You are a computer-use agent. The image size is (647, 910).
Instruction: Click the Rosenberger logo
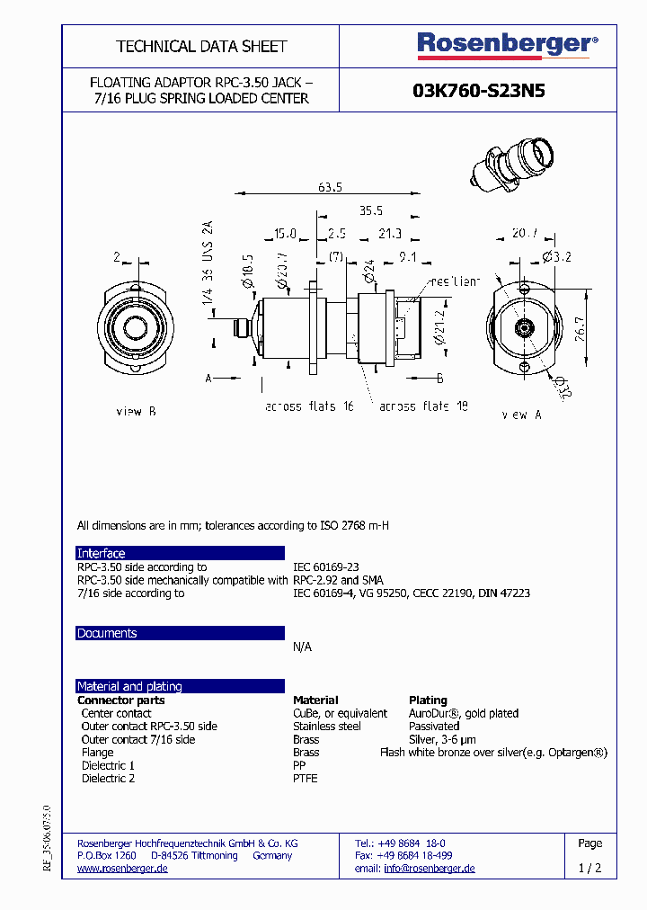(x=507, y=45)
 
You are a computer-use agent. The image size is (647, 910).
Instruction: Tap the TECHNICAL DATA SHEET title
(x=201, y=46)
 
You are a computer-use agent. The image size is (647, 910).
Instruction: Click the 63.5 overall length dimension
(x=331, y=188)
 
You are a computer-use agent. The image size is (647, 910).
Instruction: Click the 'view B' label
(x=137, y=411)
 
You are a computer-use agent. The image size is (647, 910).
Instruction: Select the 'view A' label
(x=521, y=415)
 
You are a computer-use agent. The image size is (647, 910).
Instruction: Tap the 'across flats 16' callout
(x=309, y=406)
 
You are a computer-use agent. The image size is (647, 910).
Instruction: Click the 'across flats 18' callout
(x=423, y=406)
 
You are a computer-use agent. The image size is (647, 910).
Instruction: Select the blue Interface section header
(x=180, y=553)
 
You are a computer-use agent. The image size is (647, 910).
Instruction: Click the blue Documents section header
(x=180, y=633)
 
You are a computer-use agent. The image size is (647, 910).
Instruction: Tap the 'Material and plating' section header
(x=180, y=686)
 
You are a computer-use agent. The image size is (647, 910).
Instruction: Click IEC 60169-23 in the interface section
(x=326, y=567)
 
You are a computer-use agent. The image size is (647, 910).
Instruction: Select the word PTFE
(x=306, y=779)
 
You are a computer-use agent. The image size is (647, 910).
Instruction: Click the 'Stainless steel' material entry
(x=327, y=726)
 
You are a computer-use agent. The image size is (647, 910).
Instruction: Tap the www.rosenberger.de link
(x=123, y=869)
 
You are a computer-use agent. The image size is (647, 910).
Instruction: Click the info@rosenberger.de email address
(x=430, y=869)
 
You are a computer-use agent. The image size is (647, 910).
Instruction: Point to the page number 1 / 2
(x=589, y=869)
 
